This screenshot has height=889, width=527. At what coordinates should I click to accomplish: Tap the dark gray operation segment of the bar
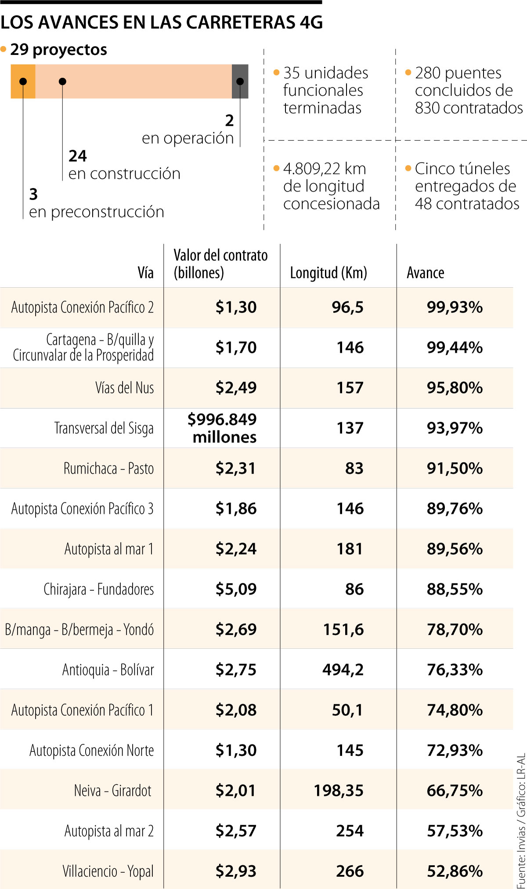coord(240,81)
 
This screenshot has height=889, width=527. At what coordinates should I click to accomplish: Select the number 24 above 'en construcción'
coord(78,156)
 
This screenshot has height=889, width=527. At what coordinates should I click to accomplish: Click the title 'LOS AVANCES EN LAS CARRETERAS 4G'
coord(162,22)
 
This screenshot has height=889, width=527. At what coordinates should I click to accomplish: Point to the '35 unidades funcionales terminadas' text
coord(325,90)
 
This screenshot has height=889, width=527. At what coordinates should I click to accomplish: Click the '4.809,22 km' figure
coord(325,169)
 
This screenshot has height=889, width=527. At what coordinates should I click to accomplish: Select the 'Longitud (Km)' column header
coord(328,273)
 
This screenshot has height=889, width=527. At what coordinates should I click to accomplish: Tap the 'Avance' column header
coord(425,273)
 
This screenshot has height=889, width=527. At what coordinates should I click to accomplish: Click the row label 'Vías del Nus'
coord(125,388)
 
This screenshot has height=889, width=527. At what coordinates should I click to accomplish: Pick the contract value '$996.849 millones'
coord(222,428)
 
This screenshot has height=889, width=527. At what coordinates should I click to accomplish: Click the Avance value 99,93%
coord(455,307)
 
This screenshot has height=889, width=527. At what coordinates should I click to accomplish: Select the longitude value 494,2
coord(343,670)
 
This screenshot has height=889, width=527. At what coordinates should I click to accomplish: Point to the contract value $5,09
coord(236,589)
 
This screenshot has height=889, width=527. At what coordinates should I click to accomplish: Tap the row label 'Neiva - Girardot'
coord(113,791)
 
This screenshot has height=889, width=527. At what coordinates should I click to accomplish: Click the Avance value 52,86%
coord(455,871)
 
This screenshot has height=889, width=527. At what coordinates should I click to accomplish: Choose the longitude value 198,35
coord(339,791)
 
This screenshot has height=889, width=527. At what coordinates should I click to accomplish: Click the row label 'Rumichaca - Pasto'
coord(109,468)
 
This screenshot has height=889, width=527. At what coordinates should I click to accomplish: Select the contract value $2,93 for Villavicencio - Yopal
coord(236,871)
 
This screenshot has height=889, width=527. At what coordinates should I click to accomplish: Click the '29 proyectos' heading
coord(58,50)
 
